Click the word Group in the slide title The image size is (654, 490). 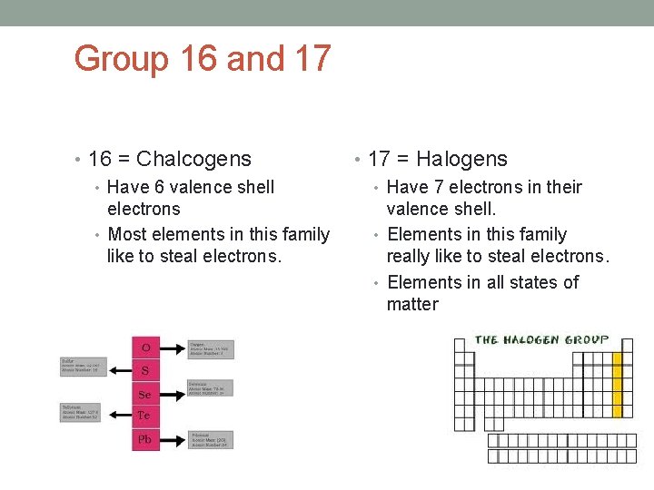click(122, 60)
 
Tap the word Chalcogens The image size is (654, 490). click(193, 159)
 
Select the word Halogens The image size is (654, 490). click(461, 159)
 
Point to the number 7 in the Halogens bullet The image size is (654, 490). click(442, 187)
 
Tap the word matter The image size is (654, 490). click(412, 304)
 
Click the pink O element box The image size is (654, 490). click(145, 348)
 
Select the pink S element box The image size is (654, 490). click(145, 371)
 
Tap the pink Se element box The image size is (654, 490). click(145, 394)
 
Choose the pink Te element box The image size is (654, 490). click(145, 416)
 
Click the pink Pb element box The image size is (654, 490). click(145, 439)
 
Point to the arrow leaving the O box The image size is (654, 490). click(172, 348)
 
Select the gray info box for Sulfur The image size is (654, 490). click(83, 367)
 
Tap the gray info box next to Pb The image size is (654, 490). click(211, 440)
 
